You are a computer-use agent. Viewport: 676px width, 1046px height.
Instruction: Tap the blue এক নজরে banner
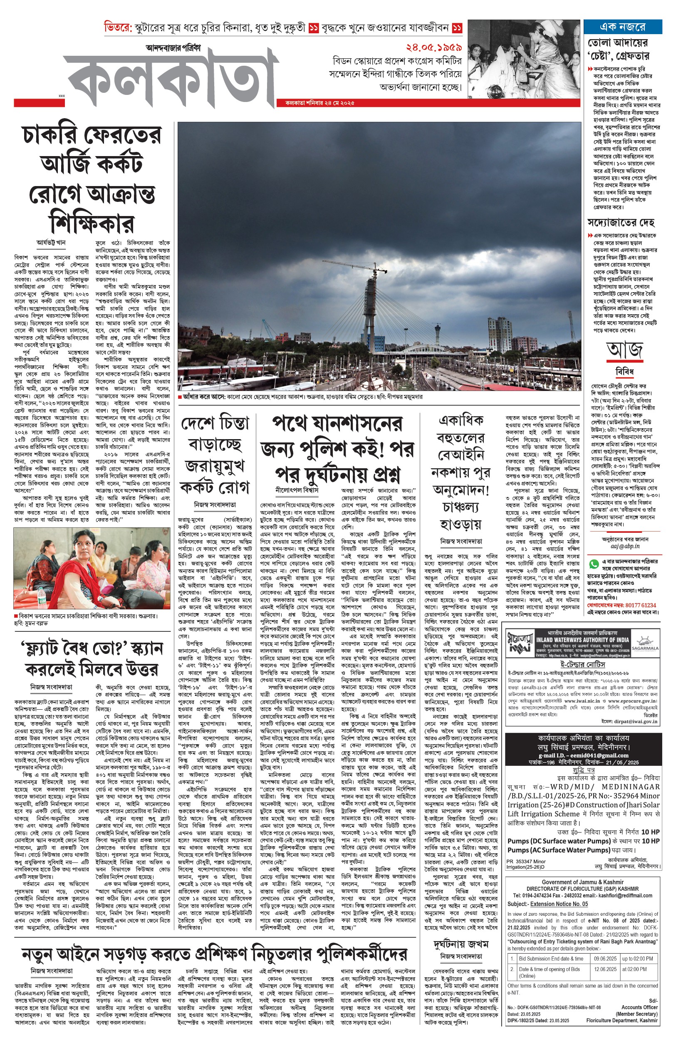(622, 27)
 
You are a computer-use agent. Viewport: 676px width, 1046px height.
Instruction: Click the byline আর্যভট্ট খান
(51, 242)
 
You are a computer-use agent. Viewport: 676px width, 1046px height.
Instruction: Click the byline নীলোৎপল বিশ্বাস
(297, 489)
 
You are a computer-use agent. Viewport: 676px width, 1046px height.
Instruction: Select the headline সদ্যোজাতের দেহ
(621, 222)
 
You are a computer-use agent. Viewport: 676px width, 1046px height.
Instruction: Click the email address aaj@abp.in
(625, 546)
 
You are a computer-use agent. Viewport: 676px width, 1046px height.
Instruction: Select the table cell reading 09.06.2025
(605, 959)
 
